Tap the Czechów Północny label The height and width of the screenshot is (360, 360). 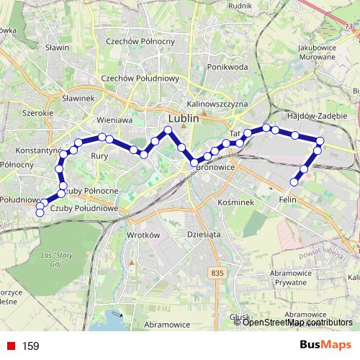click(x=140, y=41)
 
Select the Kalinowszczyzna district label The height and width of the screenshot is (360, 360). click(x=216, y=104)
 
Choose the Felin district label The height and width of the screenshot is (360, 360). click(x=288, y=199)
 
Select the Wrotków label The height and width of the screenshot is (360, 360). click(x=141, y=235)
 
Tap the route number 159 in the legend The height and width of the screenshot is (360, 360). click(x=30, y=346)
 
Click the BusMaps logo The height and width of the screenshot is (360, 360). click(x=328, y=346)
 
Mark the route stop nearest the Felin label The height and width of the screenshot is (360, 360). click(x=294, y=181)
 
